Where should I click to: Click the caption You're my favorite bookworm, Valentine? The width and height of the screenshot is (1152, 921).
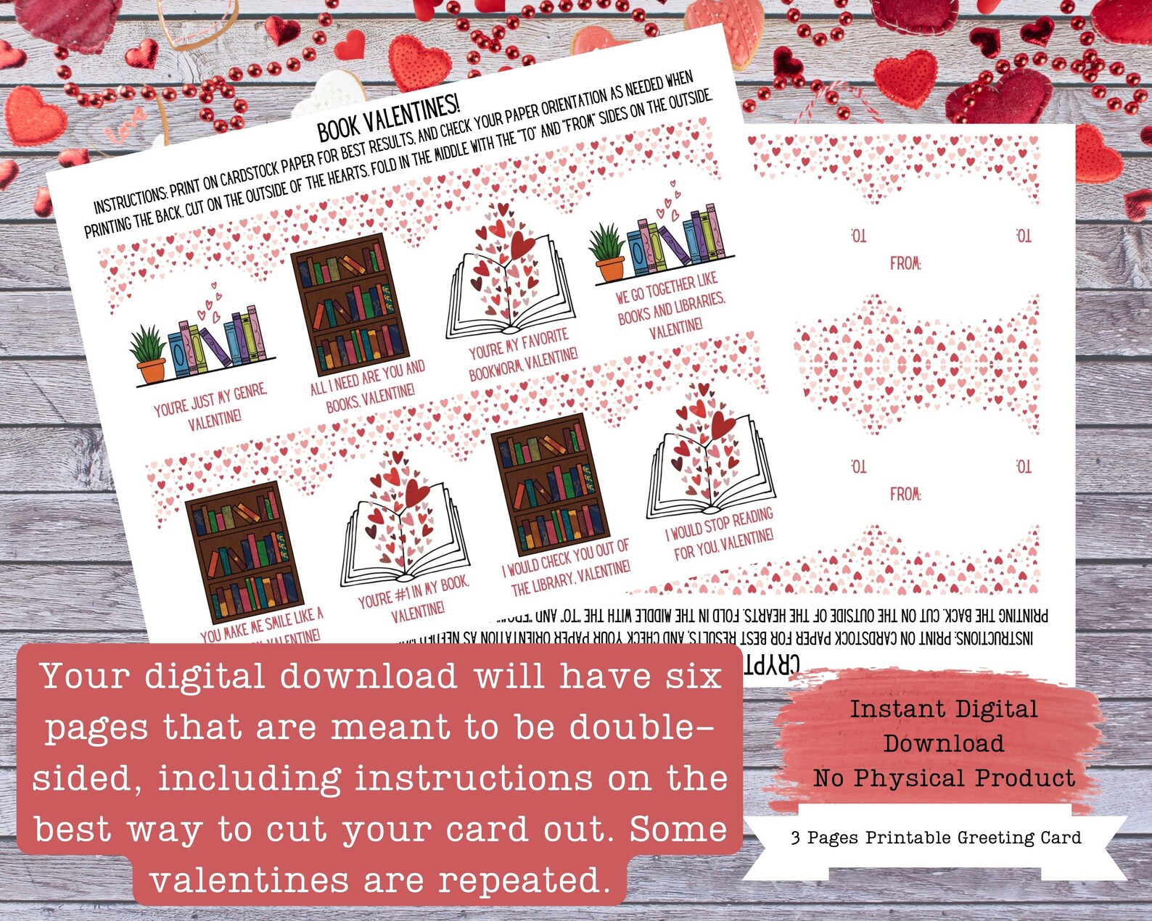tap(522, 355)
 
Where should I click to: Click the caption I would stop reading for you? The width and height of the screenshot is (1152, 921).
tap(720, 534)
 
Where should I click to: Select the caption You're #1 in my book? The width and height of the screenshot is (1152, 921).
tap(414, 599)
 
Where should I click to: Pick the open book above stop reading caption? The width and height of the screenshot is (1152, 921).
tap(709, 457)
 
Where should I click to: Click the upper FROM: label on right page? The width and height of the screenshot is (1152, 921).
tap(906, 263)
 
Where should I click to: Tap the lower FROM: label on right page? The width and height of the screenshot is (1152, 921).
tap(906, 494)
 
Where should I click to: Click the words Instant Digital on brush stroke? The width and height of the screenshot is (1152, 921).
tap(943, 709)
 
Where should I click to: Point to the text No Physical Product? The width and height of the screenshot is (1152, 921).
tap(944, 778)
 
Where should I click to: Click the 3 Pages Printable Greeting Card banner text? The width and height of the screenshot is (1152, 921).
tap(936, 838)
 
